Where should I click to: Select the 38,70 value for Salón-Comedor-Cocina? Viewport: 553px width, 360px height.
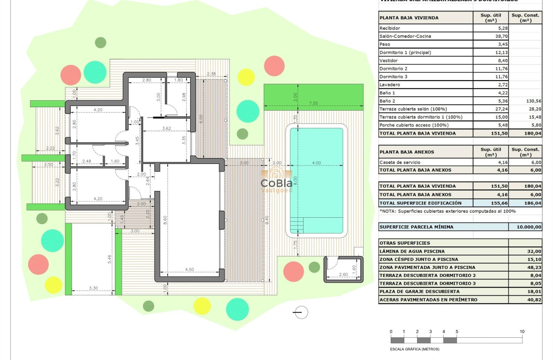[x=491, y=36]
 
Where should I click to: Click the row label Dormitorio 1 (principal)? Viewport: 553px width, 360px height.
[x=405, y=53]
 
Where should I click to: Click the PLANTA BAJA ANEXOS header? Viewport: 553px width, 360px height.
[x=407, y=152]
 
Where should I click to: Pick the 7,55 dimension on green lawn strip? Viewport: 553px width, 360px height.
[x=313, y=103]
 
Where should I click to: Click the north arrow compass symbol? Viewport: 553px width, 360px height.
[x=301, y=312]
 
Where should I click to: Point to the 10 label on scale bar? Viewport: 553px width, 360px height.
[x=522, y=332]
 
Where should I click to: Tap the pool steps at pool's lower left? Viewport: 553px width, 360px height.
[x=297, y=225]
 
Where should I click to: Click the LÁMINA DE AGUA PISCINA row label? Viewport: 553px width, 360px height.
[x=412, y=252]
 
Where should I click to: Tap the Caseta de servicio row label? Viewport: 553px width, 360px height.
[x=400, y=162]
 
